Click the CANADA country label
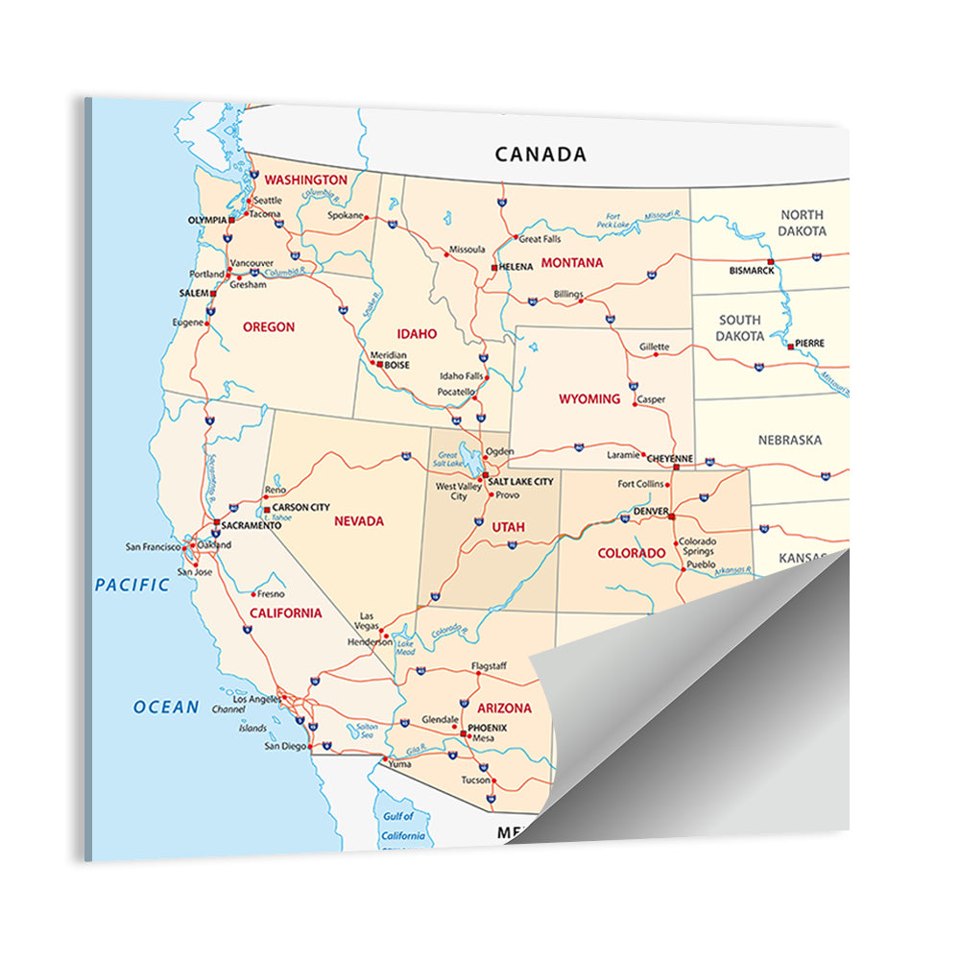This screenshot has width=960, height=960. click(540, 154)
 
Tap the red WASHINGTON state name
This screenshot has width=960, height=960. click(305, 180)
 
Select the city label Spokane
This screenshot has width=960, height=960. click(346, 216)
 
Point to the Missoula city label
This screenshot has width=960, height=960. click(467, 250)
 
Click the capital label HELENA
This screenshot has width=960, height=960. click(516, 266)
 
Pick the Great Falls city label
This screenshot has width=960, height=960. click(540, 239)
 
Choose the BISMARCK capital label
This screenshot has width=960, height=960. click(751, 271)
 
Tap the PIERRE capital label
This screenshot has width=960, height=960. click(809, 343)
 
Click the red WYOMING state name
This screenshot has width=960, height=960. click(589, 398)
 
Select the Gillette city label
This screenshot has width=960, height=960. click(655, 347)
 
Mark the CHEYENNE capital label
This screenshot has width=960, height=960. click(670, 458)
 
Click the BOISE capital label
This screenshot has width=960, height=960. click(397, 365)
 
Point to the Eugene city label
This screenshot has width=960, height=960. click(187, 323)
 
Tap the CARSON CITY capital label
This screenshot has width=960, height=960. click(300, 507)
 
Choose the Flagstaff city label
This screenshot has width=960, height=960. click(488, 666)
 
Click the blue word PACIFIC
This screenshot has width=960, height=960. click(132, 584)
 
